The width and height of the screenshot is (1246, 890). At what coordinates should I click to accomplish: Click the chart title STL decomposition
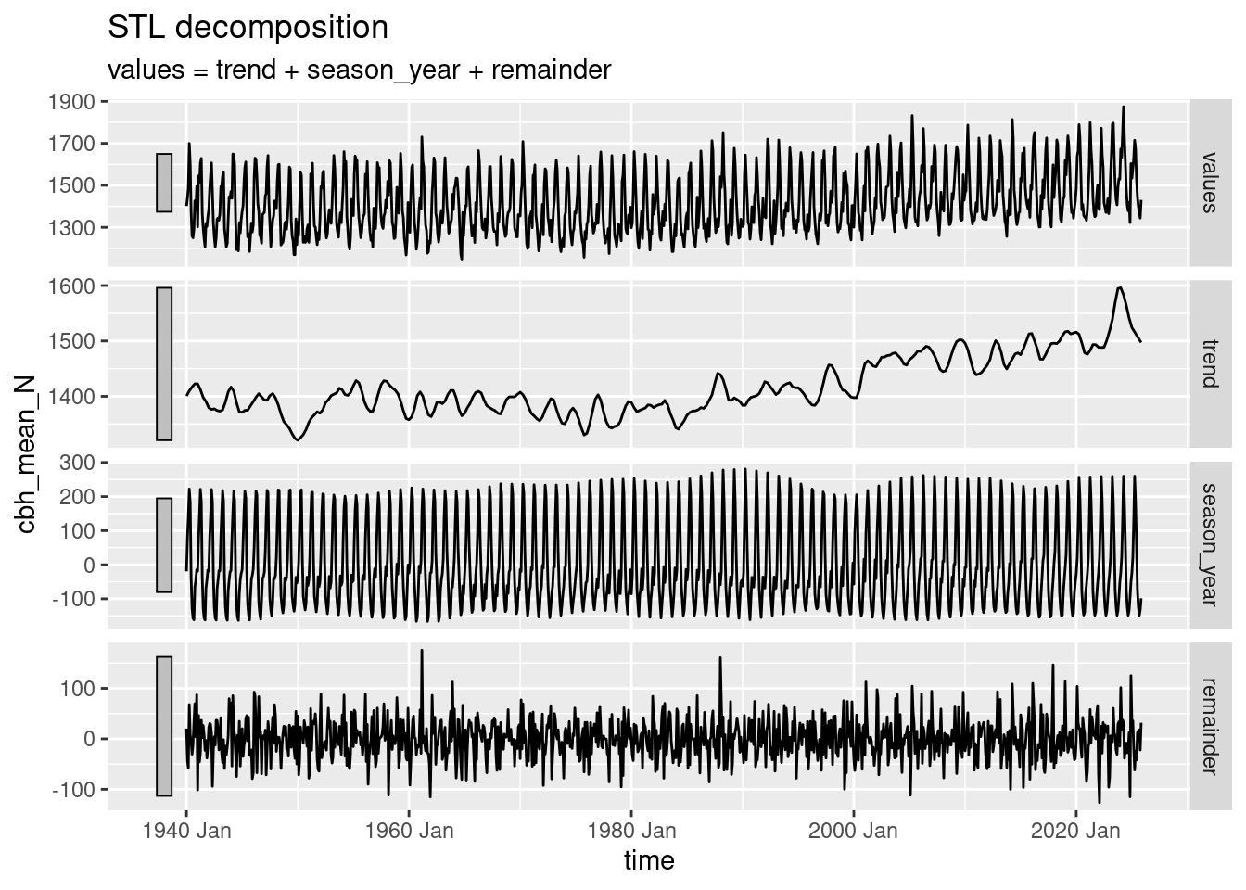pyautogui.click(x=248, y=28)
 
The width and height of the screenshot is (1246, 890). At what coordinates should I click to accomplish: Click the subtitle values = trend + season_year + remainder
pyautogui.click(x=359, y=70)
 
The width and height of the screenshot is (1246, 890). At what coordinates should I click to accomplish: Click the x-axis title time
pyautogui.click(x=649, y=860)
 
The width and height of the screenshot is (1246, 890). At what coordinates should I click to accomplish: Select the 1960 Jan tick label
pyautogui.click(x=409, y=831)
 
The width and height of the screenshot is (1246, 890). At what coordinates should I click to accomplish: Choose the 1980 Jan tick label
pyautogui.click(x=631, y=831)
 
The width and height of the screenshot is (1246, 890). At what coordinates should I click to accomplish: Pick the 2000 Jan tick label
pyautogui.click(x=853, y=831)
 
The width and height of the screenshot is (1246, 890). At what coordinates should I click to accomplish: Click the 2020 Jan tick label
pyautogui.click(x=1075, y=831)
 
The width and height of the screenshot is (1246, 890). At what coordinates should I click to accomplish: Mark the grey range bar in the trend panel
pyautogui.click(x=164, y=363)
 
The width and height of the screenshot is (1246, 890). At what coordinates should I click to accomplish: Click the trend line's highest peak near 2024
pyautogui.click(x=1120, y=287)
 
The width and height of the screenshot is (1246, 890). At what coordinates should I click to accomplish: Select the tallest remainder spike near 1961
pyautogui.click(x=422, y=650)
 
